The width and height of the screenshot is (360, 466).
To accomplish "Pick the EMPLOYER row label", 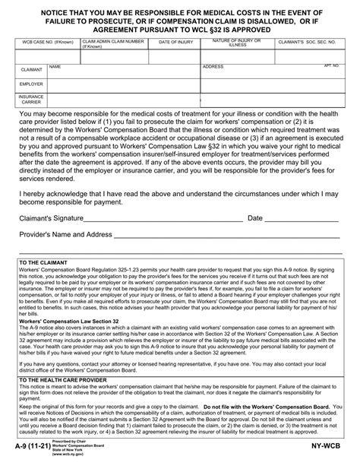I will point(31,84).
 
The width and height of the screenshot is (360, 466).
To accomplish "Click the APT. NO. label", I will point(331,66).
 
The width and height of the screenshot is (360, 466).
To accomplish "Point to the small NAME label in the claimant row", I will point(55,66).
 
